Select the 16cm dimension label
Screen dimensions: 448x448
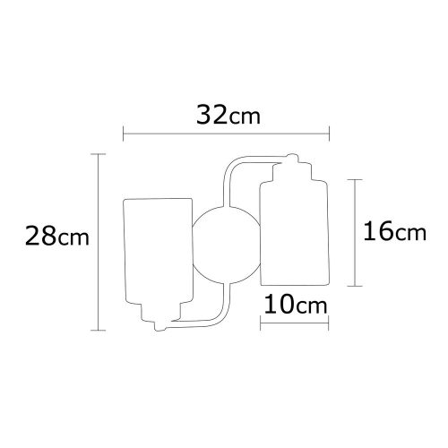tap(393, 231)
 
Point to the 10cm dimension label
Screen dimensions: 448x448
tap(295, 306)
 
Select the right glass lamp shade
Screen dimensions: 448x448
tap(295, 228)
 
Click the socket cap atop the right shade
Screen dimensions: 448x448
tap(296, 167)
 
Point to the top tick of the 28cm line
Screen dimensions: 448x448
tap(97, 154)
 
